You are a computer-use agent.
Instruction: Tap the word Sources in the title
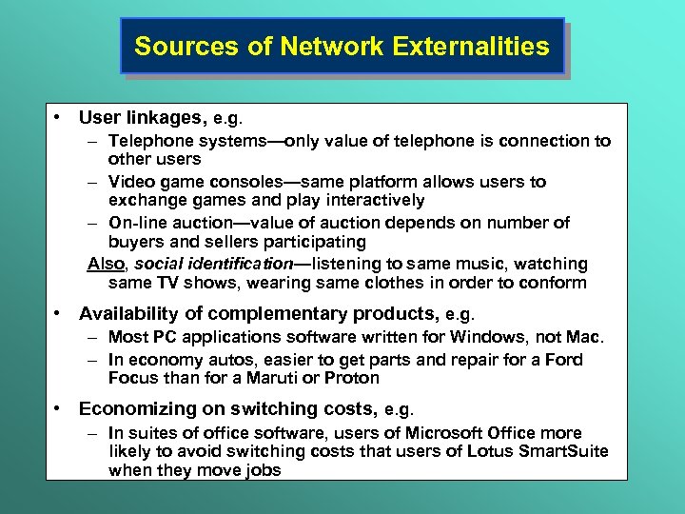[167, 46]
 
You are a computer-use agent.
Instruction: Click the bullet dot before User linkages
[59, 118]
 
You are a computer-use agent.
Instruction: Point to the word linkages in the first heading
[167, 118]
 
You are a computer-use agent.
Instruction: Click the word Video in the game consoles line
[127, 181]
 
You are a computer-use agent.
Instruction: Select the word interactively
[367, 200]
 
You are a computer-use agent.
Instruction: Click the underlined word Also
[106, 264]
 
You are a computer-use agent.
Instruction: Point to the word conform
[557, 283]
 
